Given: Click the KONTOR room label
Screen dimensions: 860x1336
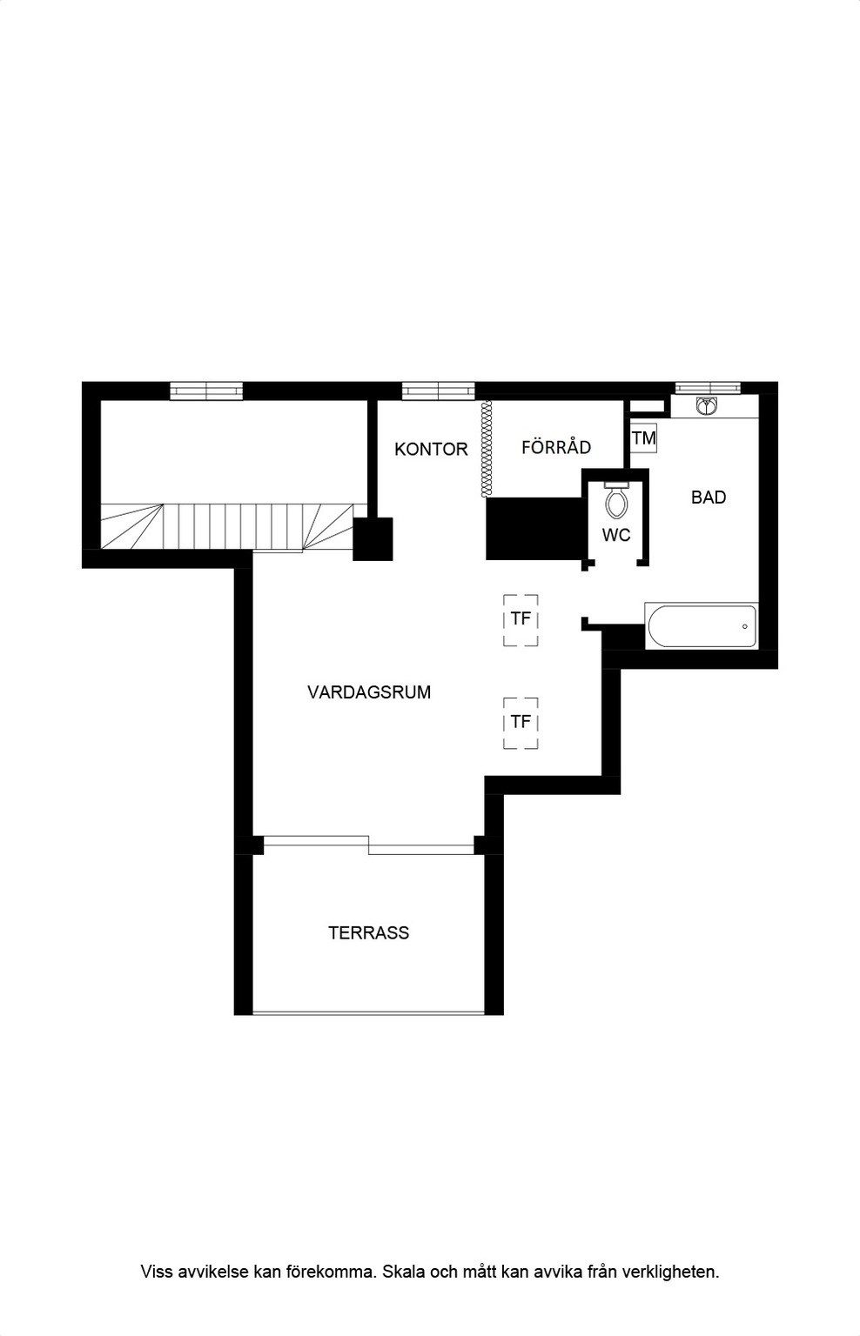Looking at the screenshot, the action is point(431,449).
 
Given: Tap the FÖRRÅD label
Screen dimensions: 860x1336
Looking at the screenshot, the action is point(556,447).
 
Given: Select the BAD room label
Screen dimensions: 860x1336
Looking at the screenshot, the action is point(709,498).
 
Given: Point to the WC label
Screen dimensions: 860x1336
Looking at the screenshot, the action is point(616,535).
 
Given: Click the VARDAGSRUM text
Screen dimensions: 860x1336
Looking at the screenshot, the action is point(369,692).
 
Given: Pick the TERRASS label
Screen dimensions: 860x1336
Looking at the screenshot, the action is point(369,932).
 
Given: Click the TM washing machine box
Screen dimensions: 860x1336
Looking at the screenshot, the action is point(644,438).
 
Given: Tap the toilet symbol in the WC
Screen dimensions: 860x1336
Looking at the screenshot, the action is point(616,500).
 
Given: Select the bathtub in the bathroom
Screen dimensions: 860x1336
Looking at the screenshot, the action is point(702,626).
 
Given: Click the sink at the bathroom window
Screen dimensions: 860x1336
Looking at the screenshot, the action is point(707,406).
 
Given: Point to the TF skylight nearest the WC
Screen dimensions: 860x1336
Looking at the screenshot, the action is point(521,620).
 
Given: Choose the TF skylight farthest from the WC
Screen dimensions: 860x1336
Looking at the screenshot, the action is point(521,724).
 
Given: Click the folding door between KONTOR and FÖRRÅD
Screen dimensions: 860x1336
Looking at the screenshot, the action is point(487,449).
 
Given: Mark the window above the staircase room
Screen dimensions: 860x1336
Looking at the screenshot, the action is point(206,391).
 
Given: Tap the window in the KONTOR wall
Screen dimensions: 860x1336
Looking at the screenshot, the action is point(439,391).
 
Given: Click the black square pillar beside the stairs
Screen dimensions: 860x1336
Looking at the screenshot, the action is point(373,539).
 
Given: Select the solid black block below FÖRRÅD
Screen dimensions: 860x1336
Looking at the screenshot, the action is point(534,529).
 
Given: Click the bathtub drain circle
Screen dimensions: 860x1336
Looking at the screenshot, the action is point(745,626).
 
